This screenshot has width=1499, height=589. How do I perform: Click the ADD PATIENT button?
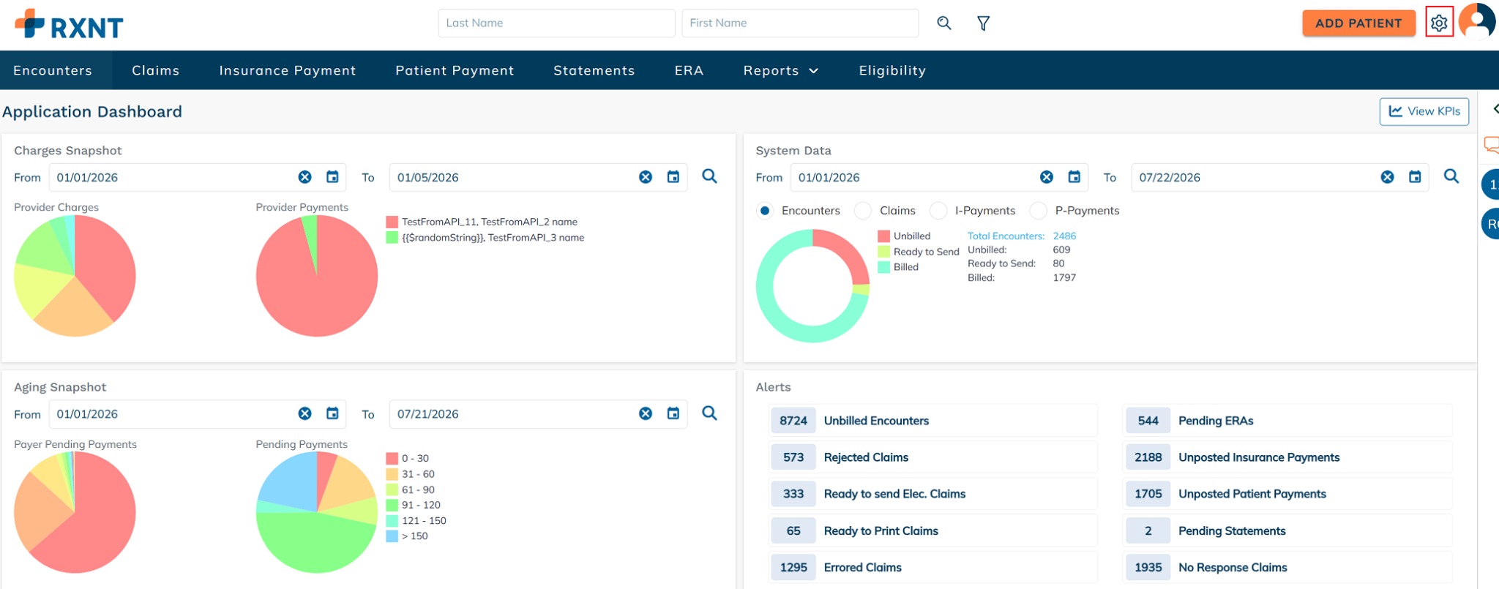[x=1358, y=23]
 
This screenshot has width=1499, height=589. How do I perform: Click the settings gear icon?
[x=1439, y=23]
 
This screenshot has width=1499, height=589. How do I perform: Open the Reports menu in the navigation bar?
[x=780, y=70]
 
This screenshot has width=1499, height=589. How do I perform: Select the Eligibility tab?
[x=892, y=70]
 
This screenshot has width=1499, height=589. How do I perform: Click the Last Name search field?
[x=556, y=23]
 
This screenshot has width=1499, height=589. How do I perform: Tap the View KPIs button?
[x=1424, y=111]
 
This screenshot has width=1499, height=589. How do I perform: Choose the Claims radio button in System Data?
[x=863, y=211]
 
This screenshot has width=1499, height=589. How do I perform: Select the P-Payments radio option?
[x=1038, y=211]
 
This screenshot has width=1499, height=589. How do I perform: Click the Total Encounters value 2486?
[x=1064, y=236]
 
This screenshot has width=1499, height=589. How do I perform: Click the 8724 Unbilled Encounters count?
[x=793, y=421]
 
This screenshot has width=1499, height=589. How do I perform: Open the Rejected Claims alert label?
[x=866, y=457]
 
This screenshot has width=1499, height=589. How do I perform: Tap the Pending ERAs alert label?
[x=1216, y=421]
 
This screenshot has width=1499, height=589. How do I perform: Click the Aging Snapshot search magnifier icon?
[x=709, y=413]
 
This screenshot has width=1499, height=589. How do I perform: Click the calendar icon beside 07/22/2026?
[x=1415, y=177]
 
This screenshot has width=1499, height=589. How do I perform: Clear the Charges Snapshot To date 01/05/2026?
[x=646, y=177]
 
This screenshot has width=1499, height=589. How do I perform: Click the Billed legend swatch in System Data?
[x=883, y=267]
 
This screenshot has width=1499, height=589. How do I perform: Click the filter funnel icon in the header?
[x=984, y=23]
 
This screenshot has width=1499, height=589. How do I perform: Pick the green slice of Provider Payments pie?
[x=311, y=238]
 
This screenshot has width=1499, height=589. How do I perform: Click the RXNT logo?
[x=69, y=24]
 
